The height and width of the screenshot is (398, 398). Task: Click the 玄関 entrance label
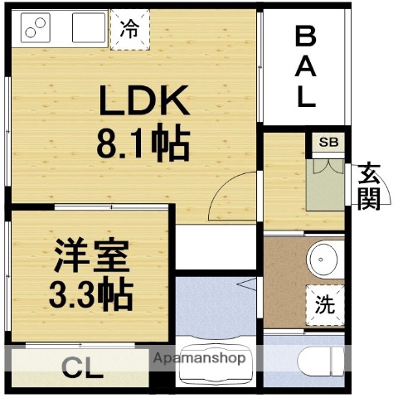tap(369, 187)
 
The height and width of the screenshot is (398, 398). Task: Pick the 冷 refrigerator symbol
tap(129, 29)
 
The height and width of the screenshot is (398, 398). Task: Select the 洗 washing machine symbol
tap(325, 303)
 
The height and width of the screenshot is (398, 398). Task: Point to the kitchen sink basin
tap(90, 30)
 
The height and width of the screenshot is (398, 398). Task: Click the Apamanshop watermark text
tap(199, 358)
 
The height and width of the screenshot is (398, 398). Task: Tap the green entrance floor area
tap(323, 187)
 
